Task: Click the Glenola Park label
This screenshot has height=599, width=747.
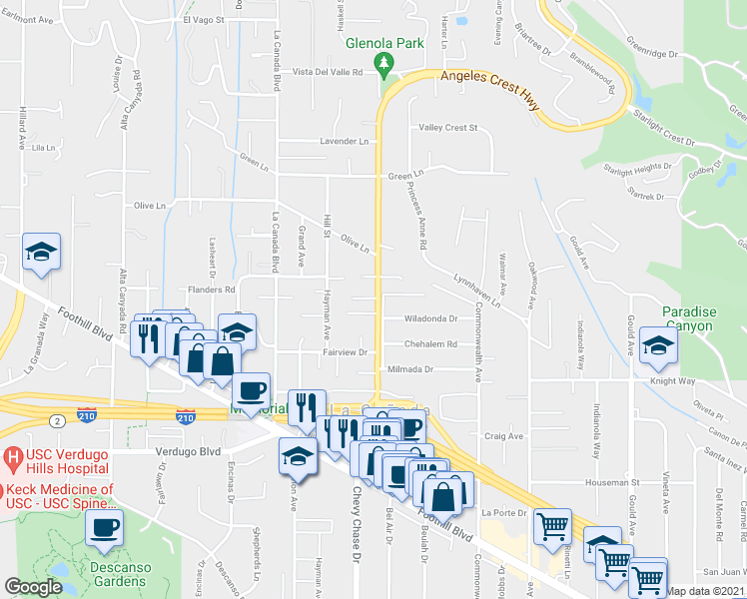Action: point(384,43)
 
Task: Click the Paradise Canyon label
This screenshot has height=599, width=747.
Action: point(688,319)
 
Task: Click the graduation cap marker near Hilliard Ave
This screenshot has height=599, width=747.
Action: point(42,253)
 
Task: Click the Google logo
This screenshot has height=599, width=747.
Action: point(34,587)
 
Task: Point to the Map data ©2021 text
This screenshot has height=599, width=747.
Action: point(706,591)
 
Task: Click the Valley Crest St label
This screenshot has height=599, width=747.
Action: point(448,128)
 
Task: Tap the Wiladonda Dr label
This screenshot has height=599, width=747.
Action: point(430,319)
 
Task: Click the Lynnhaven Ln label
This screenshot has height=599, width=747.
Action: point(474,285)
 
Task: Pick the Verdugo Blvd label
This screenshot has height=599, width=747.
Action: point(187,451)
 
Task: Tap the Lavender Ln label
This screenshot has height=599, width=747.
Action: point(344,142)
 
